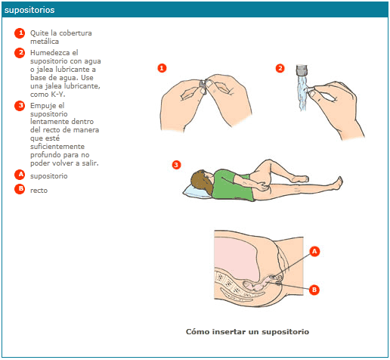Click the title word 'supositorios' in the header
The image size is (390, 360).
pyautogui.click(x=29, y=10)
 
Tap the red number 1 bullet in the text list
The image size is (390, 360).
pyautogui.click(x=20, y=33)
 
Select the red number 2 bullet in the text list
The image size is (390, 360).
pyautogui.click(x=20, y=53)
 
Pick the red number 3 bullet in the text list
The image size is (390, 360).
pyautogui.click(x=20, y=106)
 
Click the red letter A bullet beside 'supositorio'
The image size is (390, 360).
pyautogui.click(x=20, y=175)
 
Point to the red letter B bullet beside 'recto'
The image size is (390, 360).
pyautogui.click(x=20, y=189)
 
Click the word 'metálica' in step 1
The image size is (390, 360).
pyautogui.click(x=45, y=41)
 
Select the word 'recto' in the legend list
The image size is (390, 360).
pyautogui.click(x=39, y=191)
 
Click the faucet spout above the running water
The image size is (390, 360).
pyautogui.click(x=302, y=70)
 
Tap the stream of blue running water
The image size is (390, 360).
pyautogui.click(x=302, y=93)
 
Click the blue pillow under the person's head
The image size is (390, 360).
pyautogui.click(x=197, y=191)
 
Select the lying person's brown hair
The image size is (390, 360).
pyautogui.click(x=203, y=182)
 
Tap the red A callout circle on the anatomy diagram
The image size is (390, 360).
pyautogui.click(x=314, y=251)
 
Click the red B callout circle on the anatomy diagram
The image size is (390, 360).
pyautogui.click(x=314, y=290)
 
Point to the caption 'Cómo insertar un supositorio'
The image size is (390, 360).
pyautogui.click(x=247, y=331)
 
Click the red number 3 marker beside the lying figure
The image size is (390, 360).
pyautogui.click(x=176, y=165)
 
